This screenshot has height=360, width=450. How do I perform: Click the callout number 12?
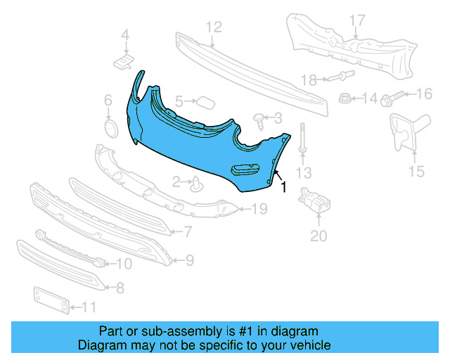214,27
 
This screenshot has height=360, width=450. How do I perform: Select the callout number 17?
357,20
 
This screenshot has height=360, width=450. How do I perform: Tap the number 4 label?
125,34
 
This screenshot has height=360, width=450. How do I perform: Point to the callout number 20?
319,236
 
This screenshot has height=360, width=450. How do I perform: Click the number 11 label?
89,307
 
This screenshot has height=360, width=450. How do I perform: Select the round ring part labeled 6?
110,129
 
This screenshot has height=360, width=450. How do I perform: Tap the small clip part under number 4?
124,62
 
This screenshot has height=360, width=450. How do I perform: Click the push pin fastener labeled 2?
198,185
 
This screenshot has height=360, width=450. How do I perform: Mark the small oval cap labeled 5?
205,102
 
